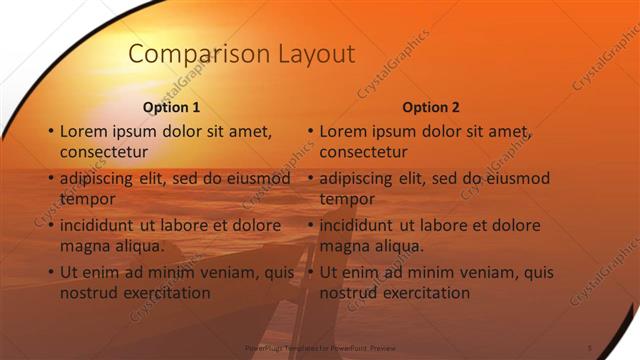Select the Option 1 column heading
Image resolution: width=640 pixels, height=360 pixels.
[x=171, y=107]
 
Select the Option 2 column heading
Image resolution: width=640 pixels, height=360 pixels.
[x=431, y=107]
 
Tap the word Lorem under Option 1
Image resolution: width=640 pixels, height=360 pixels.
[x=83, y=131]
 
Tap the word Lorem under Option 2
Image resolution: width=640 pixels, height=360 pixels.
[x=343, y=131]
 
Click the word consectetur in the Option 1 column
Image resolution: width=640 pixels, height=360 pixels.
[x=104, y=152]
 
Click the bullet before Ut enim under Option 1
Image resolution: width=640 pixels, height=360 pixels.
[x=50, y=272]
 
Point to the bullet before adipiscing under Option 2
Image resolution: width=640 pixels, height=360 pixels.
[x=310, y=178]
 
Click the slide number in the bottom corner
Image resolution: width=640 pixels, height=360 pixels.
[x=590, y=347]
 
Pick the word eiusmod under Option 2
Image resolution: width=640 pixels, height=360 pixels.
[x=512, y=178]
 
